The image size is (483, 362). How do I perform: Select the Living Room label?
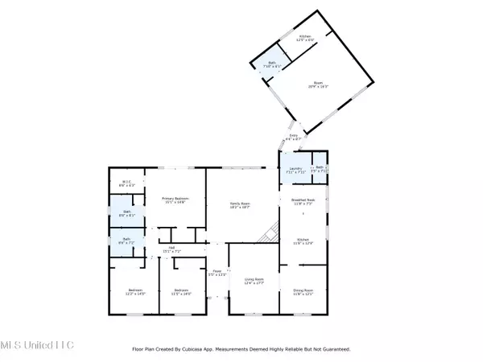click(254, 281)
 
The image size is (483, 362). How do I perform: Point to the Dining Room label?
click(301, 292)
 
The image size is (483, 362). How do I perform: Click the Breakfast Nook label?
click(291, 202)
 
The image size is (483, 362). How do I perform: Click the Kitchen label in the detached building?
click(306, 38)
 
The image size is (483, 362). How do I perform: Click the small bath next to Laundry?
click(320, 169)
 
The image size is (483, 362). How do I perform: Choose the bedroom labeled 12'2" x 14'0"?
click(134, 292)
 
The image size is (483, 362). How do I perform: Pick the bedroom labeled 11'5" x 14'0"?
click(181, 292)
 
